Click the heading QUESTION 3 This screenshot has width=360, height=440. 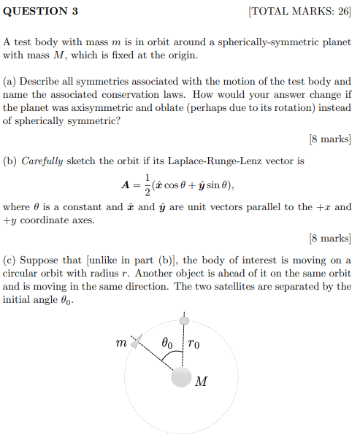click(x=40, y=12)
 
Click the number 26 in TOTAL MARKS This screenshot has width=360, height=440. click(x=340, y=12)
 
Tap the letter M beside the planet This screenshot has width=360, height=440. click(x=202, y=380)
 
